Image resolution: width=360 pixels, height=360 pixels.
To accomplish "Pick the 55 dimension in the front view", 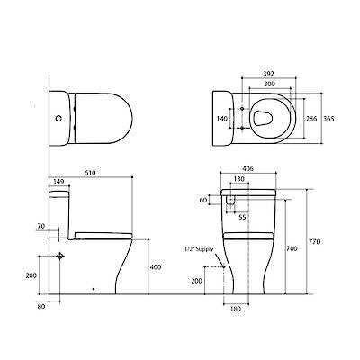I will [x=242, y=217].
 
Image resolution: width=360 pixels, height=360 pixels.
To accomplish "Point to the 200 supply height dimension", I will [x=198, y=281].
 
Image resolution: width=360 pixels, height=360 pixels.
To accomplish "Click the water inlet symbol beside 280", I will [x=59, y=256].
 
